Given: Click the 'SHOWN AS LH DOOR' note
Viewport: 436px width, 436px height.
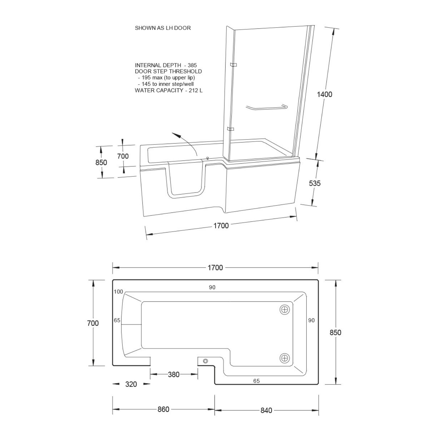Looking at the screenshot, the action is coord(163,28).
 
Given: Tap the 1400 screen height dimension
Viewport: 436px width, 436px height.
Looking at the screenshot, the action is coord(324,94).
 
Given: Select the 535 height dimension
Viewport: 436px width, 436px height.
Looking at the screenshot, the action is coord(315,183).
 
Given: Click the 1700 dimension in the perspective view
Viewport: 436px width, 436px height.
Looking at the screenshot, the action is coord(221,226).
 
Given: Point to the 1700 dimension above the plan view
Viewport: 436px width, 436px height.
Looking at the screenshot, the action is coord(215,267).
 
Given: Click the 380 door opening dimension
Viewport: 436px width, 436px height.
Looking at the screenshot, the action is coord(174,374).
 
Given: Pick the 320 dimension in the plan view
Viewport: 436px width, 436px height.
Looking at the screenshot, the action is coord(131,384).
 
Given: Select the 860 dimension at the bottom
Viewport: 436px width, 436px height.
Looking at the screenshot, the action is coord(163,409).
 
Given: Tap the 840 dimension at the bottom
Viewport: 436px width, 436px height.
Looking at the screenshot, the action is coord(266,410).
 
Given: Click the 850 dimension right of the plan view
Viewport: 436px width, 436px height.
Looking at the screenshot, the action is coord(335,333).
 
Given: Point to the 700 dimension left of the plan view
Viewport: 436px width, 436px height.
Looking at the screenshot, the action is coord(93,323).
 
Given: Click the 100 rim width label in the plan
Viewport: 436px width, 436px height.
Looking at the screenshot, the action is coord(118,292).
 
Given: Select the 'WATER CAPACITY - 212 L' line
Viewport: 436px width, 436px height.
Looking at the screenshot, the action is coord(169,90).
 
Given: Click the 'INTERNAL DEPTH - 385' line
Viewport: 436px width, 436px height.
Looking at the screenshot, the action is coord(166,65).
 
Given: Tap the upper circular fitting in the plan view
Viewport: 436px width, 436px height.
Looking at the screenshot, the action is coord(285,310).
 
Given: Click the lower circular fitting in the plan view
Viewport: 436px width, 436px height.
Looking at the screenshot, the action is coord(285,358).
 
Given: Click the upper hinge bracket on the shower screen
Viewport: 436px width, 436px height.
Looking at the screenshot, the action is coord(233,65).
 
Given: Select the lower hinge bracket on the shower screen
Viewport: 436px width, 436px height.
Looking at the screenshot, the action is coord(231,129).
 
